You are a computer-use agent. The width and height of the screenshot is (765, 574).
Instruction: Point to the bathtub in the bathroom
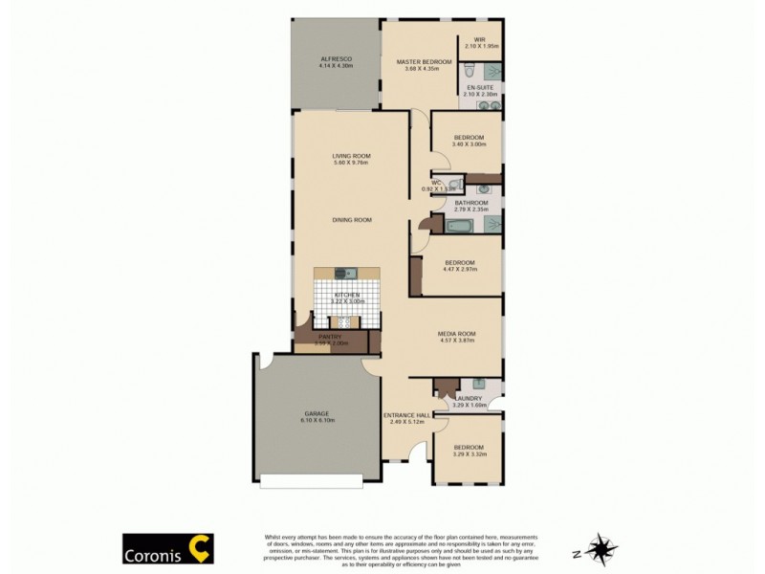(459, 226)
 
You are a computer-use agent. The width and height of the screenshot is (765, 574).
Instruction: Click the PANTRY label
(325, 336)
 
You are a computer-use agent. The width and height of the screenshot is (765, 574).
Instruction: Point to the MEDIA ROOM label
(456, 333)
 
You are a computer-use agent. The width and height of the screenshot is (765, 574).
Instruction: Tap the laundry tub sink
(492, 388)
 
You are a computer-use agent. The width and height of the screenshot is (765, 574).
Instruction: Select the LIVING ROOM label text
(351, 155)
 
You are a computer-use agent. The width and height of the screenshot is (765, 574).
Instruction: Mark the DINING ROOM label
(351, 219)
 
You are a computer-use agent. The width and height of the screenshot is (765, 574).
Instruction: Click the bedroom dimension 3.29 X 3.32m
(469, 455)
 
